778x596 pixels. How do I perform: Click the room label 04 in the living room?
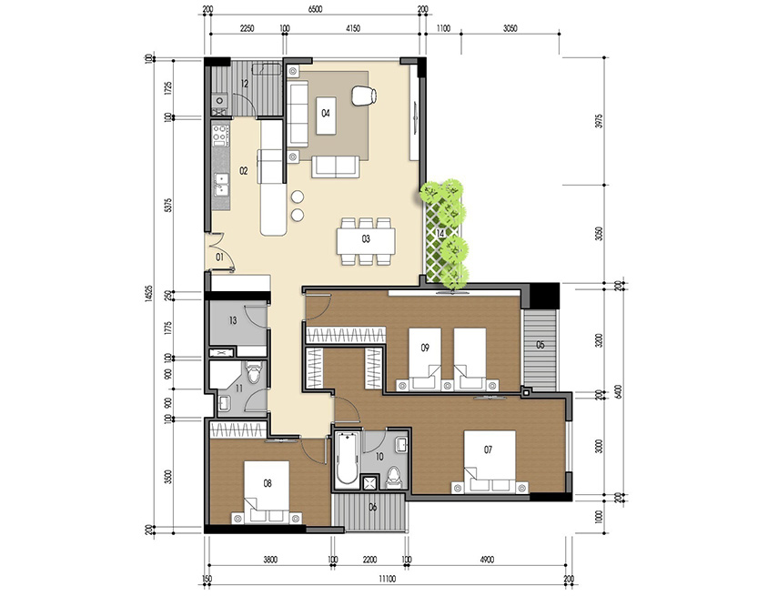[325, 114]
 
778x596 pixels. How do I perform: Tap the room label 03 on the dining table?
[365, 240]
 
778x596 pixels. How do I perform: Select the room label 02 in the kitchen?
[244, 170]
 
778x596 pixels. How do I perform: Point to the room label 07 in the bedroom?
[488, 450]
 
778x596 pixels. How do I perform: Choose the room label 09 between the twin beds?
[425, 347]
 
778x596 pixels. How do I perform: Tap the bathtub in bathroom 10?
[345, 460]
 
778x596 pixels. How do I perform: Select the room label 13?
[233, 320]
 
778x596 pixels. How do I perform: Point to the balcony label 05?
[540, 345]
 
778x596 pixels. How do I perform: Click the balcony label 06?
[371, 508]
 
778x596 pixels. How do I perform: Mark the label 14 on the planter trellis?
[441, 234]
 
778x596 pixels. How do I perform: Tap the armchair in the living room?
[364, 95]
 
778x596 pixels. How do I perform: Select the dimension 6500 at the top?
[315, 11]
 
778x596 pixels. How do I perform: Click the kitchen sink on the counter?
[219, 186]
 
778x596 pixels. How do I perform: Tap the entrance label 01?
[220, 258]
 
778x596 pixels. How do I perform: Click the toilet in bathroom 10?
[393, 473]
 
